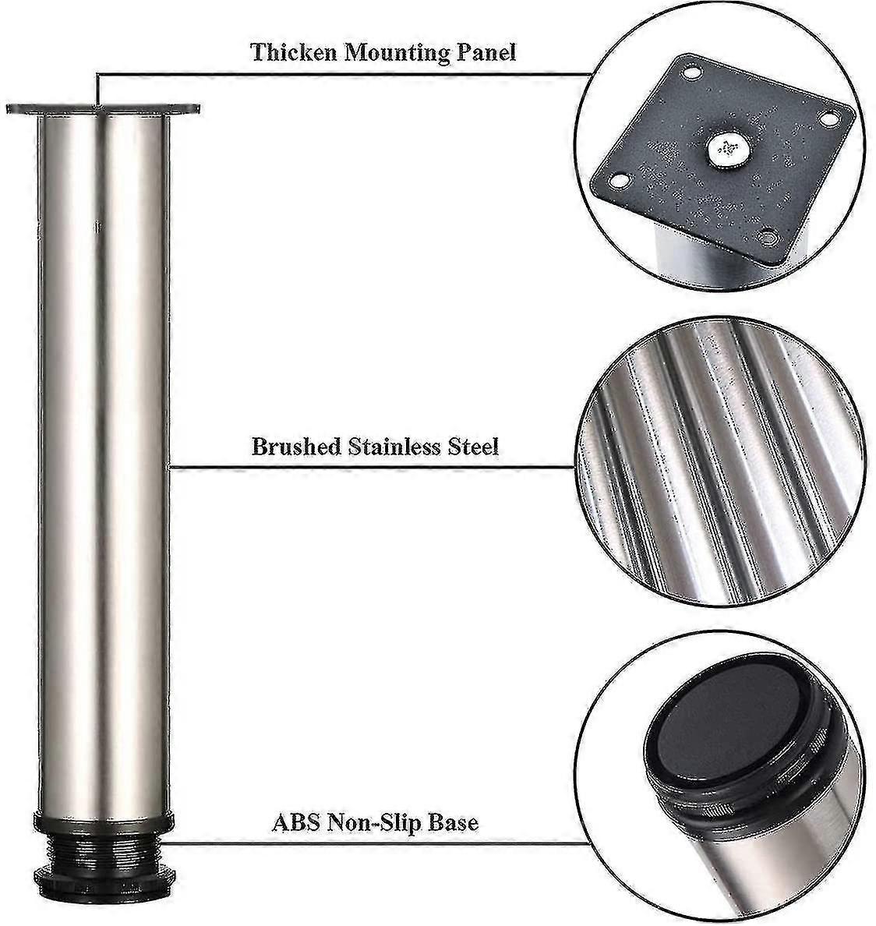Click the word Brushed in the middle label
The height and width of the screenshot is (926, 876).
coord(296,447)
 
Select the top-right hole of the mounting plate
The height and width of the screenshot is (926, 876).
coord(827,118)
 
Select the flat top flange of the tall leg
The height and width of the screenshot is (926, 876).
coord(102,110)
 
